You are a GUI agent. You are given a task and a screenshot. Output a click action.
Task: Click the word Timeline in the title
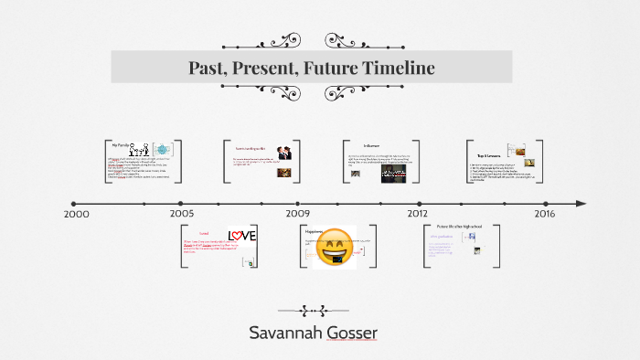pos(396,68)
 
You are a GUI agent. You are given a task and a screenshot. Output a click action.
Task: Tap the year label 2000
pos(78,214)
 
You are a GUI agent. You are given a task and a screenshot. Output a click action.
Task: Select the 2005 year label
pos(181,214)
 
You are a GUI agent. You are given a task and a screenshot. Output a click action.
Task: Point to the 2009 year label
pos(297,214)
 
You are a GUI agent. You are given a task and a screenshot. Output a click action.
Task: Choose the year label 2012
pos(418,214)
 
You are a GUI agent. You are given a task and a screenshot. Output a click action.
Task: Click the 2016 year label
pos(544,214)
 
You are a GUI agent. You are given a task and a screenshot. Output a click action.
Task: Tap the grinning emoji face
pos(335,248)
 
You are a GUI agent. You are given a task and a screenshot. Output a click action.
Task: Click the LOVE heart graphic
pos(242,237)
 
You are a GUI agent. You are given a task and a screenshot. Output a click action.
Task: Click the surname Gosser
pos(358,332)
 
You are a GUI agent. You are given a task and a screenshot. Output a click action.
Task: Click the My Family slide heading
pos(120,144)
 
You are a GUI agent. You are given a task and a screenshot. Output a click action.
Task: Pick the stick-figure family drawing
pos(140,150)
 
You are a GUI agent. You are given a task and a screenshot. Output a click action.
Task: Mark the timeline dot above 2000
pos(73,203)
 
